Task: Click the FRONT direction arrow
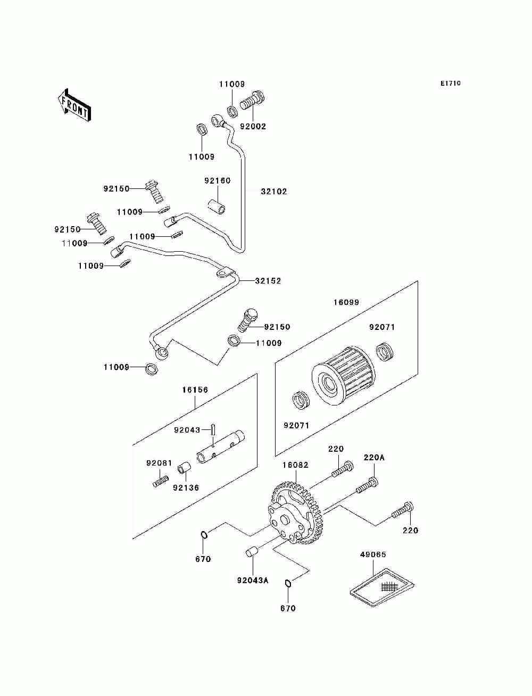click(x=74, y=105)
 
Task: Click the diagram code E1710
click(x=450, y=84)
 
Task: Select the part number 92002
click(x=253, y=127)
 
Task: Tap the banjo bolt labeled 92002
click(x=252, y=100)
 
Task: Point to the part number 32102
click(x=274, y=192)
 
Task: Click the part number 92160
click(x=217, y=181)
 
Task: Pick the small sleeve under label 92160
click(x=217, y=207)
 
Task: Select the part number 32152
click(x=268, y=281)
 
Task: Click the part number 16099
click(x=346, y=302)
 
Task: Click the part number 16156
click(x=195, y=390)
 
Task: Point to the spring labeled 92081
click(x=161, y=482)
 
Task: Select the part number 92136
click(x=186, y=487)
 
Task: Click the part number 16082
click(x=295, y=465)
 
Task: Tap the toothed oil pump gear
click(x=295, y=513)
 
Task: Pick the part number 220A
click(x=374, y=458)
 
